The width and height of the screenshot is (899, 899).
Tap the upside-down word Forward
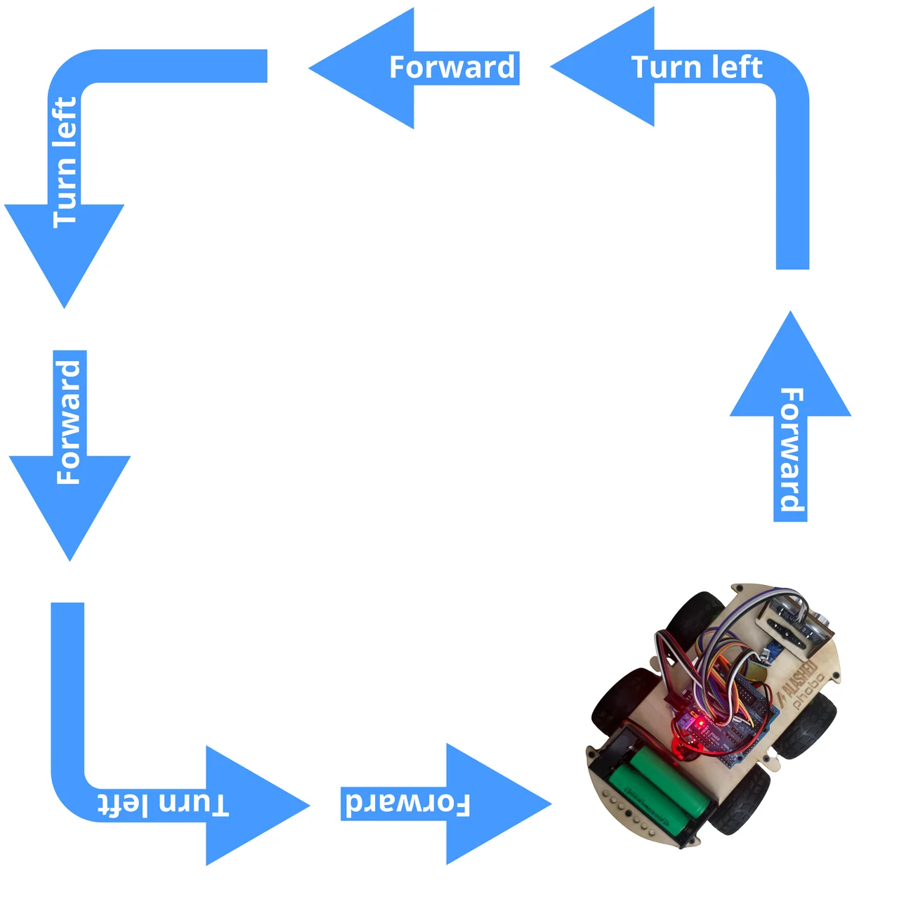click(x=407, y=803)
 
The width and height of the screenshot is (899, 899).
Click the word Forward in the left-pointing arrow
click(x=452, y=67)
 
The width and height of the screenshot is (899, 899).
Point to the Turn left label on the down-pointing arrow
click(x=65, y=162)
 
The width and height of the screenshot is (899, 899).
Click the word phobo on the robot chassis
click(x=809, y=693)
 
